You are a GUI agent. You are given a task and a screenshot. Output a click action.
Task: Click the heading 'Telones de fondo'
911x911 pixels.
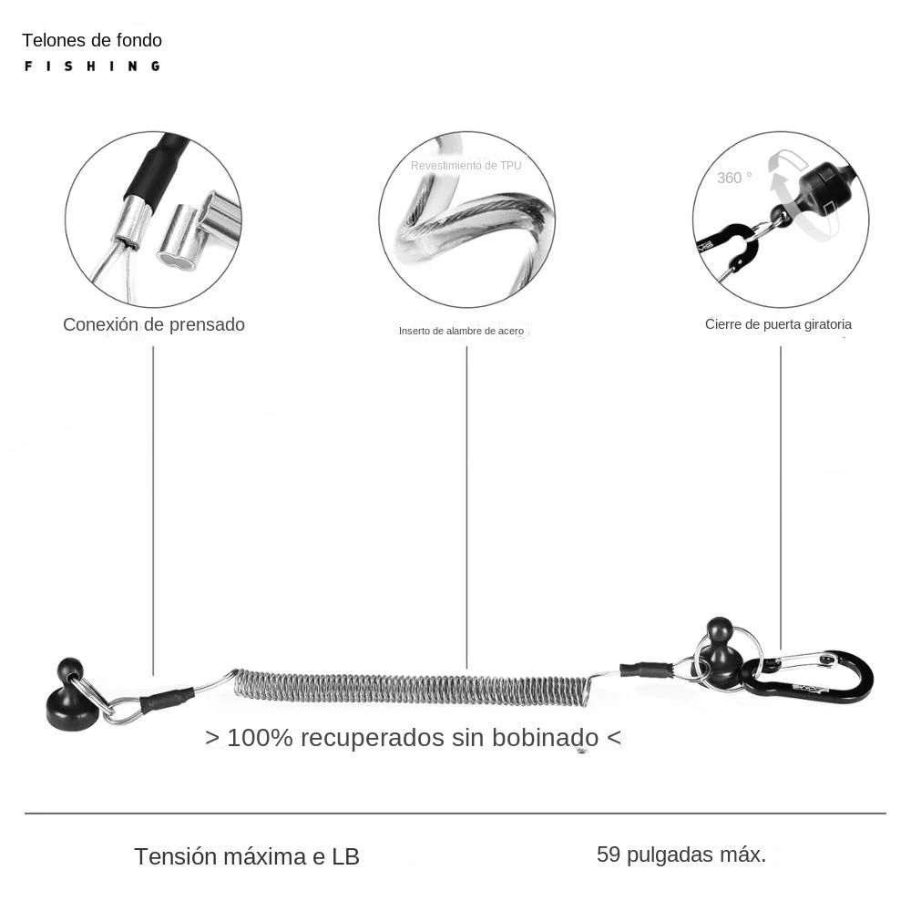point(92,40)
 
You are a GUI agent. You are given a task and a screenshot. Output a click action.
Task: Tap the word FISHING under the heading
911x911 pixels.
point(92,67)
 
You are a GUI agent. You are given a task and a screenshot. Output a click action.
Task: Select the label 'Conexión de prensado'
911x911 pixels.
point(153,324)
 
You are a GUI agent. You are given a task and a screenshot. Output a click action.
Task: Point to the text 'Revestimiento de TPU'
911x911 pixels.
point(466,166)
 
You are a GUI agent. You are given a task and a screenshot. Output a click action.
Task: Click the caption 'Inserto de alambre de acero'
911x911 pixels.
point(461,332)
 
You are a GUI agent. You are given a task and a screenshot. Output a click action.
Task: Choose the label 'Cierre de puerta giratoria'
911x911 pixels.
point(778,324)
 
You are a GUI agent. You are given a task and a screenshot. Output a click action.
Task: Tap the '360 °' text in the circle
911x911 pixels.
point(734,178)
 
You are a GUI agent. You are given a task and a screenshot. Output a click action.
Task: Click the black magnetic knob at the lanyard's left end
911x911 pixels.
point(68,694)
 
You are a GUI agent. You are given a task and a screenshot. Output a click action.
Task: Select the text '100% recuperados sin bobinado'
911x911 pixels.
point(413,738)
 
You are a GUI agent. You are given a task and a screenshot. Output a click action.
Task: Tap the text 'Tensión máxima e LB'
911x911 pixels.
point(247,856)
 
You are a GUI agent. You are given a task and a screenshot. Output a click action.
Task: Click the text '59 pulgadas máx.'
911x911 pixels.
point(681,855)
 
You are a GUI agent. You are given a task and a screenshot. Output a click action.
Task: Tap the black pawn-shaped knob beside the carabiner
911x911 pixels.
point(720,648)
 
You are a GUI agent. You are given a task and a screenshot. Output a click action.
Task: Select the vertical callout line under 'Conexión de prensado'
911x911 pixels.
point(153,511)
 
